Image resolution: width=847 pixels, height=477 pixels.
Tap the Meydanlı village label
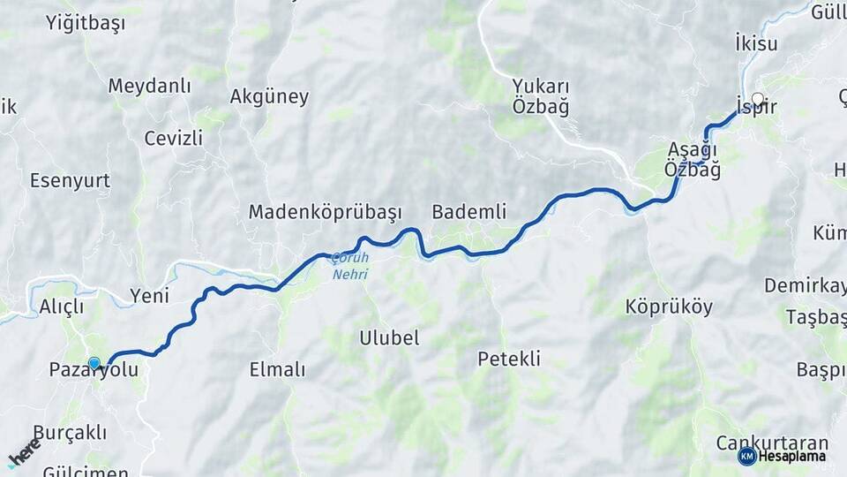(149, 86)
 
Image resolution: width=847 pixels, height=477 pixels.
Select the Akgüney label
(269, 96)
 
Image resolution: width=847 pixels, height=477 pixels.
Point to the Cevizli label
(173, 138)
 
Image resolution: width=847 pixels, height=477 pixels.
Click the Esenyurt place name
(70, 180)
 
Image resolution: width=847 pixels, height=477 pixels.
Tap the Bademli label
(468, 211)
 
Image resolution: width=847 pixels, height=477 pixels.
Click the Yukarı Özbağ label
(541, 96)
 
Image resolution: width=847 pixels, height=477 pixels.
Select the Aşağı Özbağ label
(693, 159)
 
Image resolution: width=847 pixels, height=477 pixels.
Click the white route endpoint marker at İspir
(758, 99)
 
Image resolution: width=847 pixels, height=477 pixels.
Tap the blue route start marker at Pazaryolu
(94, 362)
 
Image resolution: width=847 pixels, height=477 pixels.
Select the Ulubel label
(389, 337)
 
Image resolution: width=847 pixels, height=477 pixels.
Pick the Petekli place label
(509, 359)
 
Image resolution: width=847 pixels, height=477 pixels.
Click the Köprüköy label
(656, 307)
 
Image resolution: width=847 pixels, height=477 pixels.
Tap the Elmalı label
(277, 369)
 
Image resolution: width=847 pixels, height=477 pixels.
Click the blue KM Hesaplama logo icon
(746, 456)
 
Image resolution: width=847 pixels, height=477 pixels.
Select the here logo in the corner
(24, 453)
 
